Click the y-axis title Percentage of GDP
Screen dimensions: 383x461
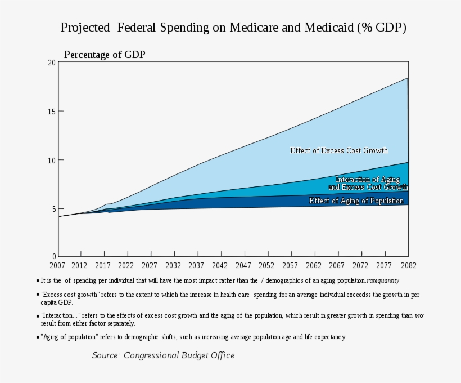coord(105,55)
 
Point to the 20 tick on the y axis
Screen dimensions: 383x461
coord(52,63)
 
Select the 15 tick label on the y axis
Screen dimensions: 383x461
coord(52,112)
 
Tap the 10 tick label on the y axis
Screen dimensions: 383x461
coord(52,160)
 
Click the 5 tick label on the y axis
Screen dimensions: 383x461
coord(53,208)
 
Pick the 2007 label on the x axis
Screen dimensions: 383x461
coord(57,265)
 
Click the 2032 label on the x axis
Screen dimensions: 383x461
coord(173,265)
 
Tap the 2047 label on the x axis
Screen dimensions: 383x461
coord(243,265)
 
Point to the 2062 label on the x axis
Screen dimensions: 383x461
coord(314,265)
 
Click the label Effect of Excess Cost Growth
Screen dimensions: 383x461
coord(338,150)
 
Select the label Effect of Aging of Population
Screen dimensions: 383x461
coord(356,201)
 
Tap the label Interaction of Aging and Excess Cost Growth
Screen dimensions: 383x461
coord(368,183)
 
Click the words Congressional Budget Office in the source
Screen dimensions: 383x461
coord(179,355)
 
